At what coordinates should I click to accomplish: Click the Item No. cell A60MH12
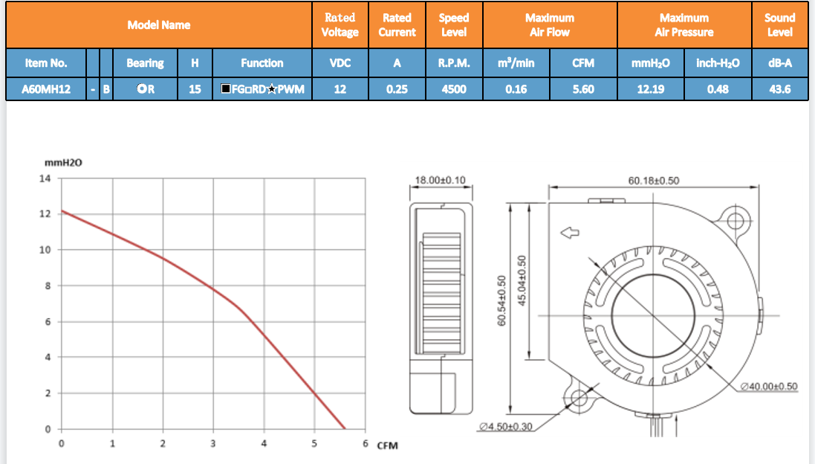pos(46,89)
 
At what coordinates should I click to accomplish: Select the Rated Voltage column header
pos(340,25)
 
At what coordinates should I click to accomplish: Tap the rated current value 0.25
pos(397,89)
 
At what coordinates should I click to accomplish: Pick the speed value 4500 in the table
pos(454,89)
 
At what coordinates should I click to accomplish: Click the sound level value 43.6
pos(779,89)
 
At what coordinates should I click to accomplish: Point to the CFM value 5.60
pos(583,89)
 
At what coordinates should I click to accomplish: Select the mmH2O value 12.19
pos(651,89)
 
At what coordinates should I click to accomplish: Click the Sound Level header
pos(779,25)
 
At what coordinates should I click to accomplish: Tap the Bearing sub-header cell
pos(145,63)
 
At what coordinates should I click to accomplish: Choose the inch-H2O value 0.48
pos(718,89)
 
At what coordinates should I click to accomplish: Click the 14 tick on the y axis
pos(45,178)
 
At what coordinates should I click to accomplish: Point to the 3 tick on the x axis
pos(213,444)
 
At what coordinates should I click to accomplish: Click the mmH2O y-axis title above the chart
pos(63,163)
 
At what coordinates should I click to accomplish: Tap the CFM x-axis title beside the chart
pos(387,446)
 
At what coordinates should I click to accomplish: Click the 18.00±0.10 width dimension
pos(441,180)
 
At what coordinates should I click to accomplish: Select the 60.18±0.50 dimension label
pos(653,181)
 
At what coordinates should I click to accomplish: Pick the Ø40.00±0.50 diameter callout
pos(769,387)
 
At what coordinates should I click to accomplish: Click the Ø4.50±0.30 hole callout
pos(506,427)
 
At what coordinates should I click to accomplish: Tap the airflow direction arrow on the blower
pos(570,233)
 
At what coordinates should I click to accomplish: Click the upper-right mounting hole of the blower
pos(736,221)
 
